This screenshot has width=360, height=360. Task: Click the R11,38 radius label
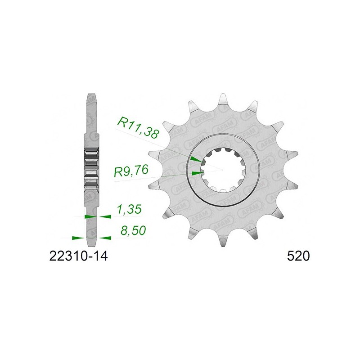tap(137, 128)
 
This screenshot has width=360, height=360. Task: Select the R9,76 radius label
tap(131, 171)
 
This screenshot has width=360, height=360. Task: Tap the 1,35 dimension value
tap(129, 209)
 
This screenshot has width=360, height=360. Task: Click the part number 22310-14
tap(78, 256)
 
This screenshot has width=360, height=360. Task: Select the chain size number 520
tap(298, 256)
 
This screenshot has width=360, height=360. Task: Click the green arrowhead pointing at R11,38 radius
tap(196, 159)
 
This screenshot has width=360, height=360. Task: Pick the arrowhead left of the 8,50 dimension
tap(77, 238)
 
